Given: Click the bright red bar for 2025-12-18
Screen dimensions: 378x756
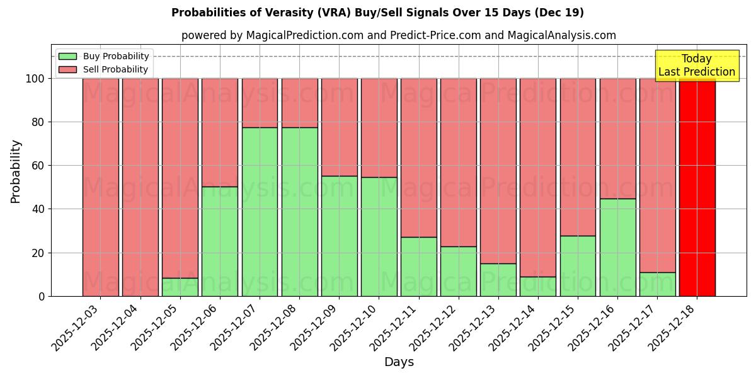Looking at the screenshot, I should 697,187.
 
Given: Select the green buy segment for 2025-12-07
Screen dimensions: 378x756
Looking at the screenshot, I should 260,212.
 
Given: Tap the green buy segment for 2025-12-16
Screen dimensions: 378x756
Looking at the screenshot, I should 617,247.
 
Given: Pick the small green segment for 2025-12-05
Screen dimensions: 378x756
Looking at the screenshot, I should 180,287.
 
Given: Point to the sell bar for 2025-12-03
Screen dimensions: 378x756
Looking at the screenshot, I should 101,187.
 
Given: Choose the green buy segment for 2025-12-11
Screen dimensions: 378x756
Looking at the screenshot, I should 419,266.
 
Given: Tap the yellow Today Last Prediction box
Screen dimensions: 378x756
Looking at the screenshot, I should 696,66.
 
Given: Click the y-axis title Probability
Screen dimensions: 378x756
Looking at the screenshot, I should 16,171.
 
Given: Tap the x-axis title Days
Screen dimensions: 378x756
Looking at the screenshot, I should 399,362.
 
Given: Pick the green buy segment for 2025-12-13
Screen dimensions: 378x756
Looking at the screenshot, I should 498,280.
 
